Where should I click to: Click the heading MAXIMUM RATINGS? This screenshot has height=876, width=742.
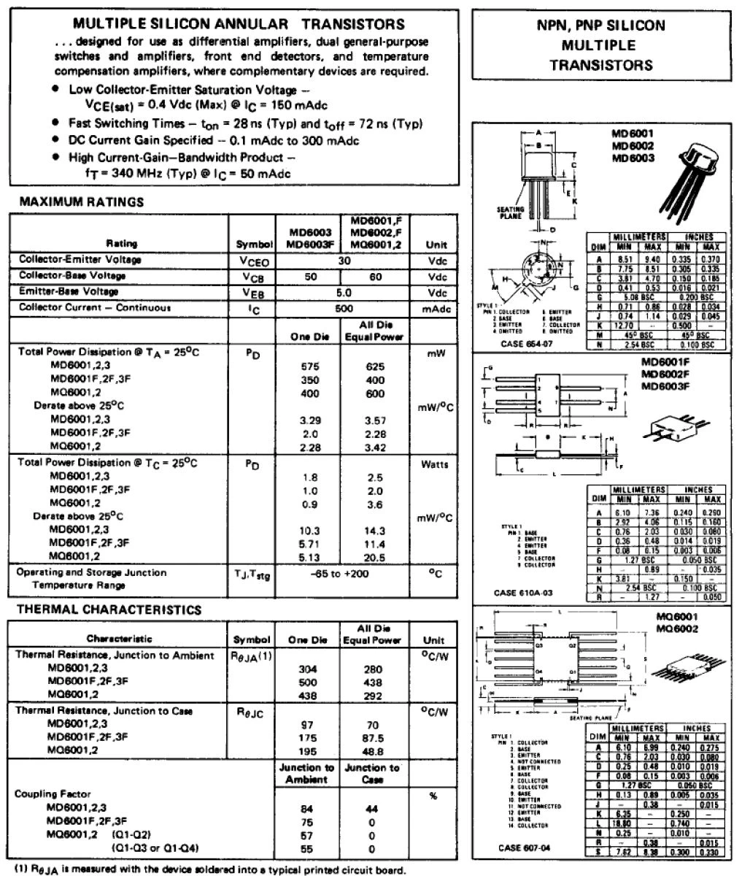pyautogui.click(x=82, y=201)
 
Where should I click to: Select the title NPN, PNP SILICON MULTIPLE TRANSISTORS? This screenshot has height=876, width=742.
pyautogui.click(x=600, y=45)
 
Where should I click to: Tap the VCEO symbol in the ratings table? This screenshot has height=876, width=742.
pyautogui.click(x=252, y=261)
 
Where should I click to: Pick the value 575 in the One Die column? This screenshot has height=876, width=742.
pyautogui.click(x=311, y=366)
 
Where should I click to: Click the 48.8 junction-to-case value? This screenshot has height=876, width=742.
pyautogui.click(x=373, y=751)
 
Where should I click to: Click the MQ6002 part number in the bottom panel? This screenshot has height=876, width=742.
pyautogui.click(x=676, y=629)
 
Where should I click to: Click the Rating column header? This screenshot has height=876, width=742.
pyautogui.click(x=122, y=243)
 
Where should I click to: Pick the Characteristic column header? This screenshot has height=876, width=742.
pyautogui.click(x=120, y=639)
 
